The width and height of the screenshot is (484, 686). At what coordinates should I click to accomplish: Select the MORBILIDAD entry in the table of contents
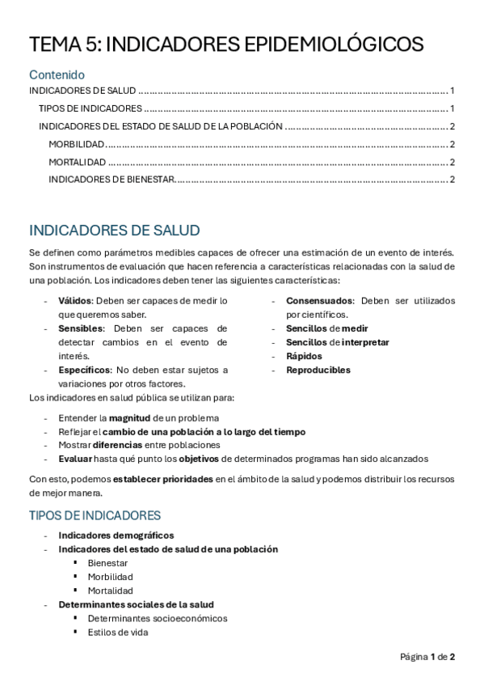point(77,144)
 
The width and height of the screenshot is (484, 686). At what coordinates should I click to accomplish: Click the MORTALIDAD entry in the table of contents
point(78,162)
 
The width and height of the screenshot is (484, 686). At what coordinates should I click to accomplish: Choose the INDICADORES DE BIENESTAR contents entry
point(111,179)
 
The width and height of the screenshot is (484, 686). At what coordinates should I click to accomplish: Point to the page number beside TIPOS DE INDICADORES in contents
point(453,108)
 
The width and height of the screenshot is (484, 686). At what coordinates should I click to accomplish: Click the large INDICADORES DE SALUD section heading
point(114,231)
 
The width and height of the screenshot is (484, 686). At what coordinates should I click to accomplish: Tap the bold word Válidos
point(75,301)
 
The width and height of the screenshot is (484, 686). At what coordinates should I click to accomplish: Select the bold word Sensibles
point(81,328)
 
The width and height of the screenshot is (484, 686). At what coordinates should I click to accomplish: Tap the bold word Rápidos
point(304,356)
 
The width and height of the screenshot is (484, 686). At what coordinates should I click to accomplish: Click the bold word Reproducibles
point(318,370)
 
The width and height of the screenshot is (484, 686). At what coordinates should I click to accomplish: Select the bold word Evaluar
point(75,459)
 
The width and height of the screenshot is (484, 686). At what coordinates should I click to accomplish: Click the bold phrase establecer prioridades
point(163,479)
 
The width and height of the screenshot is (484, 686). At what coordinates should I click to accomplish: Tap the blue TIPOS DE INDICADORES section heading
point(95,515)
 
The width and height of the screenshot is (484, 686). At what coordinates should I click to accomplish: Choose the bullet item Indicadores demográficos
point(116,535)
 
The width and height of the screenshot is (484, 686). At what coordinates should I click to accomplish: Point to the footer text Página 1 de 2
point(427,656)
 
